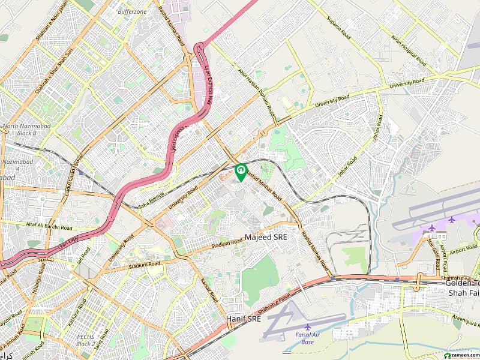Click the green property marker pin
pyautogui.click(x=241, y=172)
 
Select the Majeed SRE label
pyautogui.click(x=266, y=238)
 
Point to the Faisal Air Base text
pyautogui.click(x=308, y=340)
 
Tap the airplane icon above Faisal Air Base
pyautogui.click(x=308, y=328)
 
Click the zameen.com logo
pyautogui.click(x=459, y=356)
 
